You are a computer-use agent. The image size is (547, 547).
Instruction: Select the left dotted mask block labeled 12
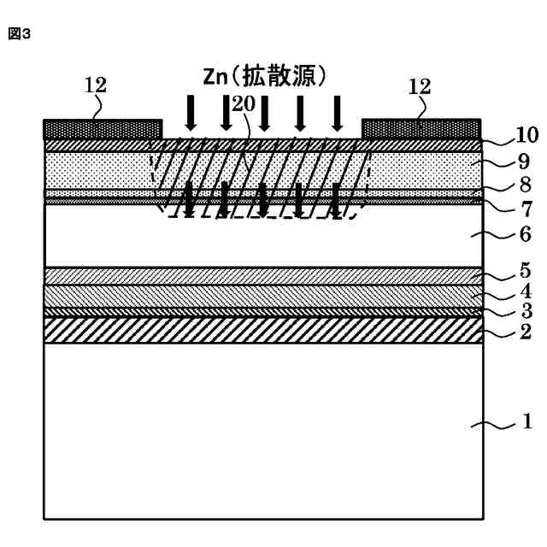coord(103,129)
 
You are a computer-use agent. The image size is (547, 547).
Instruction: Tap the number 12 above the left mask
coord(96,85)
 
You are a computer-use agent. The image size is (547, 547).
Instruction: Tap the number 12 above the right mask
coord(421,86)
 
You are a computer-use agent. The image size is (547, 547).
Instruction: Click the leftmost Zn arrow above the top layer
coord(191,112)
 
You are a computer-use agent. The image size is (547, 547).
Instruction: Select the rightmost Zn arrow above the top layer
coord(337,112)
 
